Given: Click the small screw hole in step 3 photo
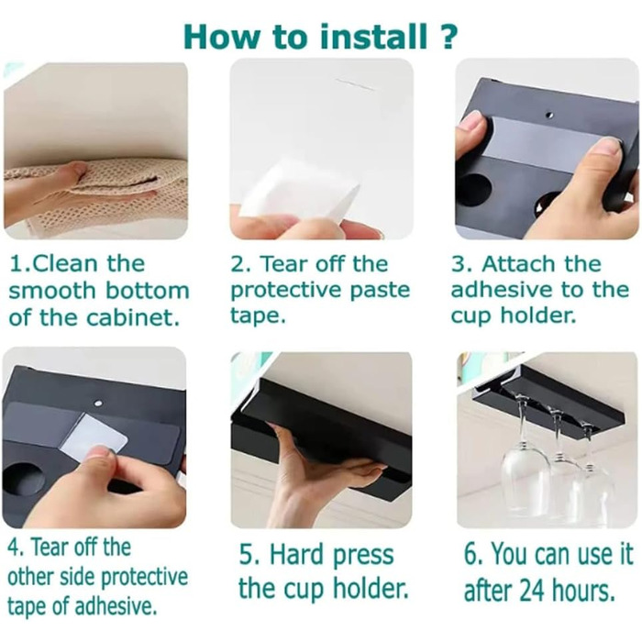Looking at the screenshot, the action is coord(550,115).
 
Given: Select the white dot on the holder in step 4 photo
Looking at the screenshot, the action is coord(97,403).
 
